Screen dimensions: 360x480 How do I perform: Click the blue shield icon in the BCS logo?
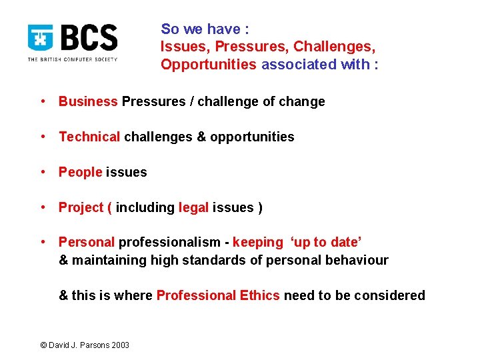[x=40, y=38]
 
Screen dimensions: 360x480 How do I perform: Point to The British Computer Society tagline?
[x=72, y=59]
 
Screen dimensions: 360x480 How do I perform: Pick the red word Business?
[x=88, y=101]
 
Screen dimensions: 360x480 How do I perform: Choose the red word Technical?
[x=89, y=137]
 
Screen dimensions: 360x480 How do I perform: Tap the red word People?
[x=80, y=172]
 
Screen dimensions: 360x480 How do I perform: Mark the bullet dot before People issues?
[x=42, y=172]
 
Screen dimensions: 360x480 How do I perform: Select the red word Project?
[x=81, y=207]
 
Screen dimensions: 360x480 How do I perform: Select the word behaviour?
[x=357, y=260]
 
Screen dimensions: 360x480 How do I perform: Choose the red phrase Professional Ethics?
[x=218, y=295]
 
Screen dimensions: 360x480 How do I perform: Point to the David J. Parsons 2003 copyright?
[x=85, y=345]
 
